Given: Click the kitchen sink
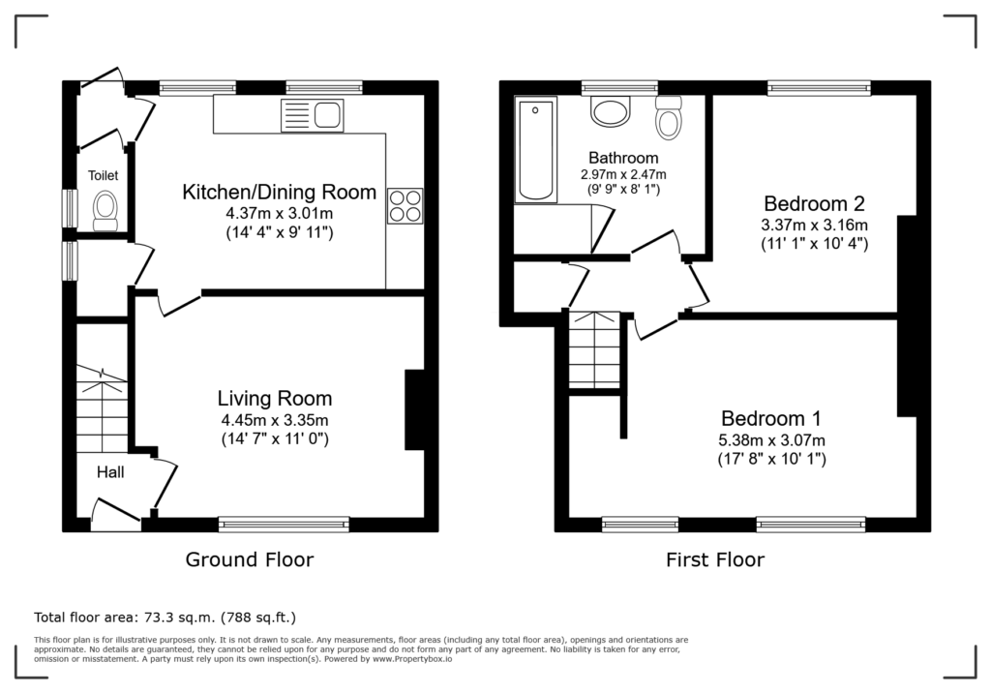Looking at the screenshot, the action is tap(313, 115).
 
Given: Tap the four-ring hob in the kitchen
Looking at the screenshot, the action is tap(405, 206).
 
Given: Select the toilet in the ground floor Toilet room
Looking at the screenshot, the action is tap(105, 211).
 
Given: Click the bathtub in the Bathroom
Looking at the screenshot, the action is tap(536, 149).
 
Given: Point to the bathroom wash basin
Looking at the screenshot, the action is tap(612, 111).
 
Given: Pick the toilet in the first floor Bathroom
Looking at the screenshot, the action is tap(669, 118).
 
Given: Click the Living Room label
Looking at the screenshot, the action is tap(275, 399).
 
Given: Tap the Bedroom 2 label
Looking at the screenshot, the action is tap(814, 203).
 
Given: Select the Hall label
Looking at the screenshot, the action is tap(110, 472).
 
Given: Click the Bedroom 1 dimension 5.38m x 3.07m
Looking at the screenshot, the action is tap(771, 440).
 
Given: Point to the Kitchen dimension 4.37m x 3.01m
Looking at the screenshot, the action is tap(280, 213).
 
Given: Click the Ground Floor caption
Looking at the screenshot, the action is tap(249, 559).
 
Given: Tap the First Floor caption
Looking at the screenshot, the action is tap(715, 559).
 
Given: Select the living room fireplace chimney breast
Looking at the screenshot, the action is tap(414, 409).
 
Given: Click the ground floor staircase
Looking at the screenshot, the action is tap(103, 408).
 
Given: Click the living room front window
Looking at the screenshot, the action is tap(284, 525).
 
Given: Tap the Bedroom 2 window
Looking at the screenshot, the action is tap(819, 88).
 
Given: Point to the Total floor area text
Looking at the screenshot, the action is tap(165, 618).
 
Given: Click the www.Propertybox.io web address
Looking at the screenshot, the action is tap(412, 659).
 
